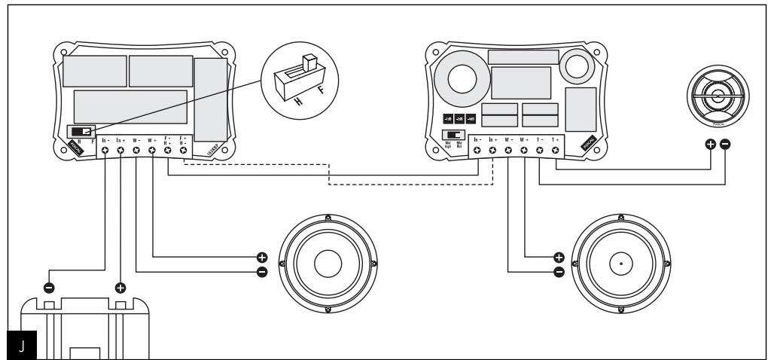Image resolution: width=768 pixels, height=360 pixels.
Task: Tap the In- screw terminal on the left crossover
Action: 105,151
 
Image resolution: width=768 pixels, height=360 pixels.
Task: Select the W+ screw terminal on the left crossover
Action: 152,151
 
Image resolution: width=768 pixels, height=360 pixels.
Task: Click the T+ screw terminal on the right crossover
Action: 556,151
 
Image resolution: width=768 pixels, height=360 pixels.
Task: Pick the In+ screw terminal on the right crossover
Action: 492,151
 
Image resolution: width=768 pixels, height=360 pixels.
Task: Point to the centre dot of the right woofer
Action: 620,264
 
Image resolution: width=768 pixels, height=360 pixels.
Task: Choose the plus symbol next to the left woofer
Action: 261,256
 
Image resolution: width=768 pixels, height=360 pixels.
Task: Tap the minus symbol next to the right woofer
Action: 559,272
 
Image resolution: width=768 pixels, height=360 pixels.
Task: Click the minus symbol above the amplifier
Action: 49,287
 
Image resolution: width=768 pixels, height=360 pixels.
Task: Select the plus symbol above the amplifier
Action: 120,287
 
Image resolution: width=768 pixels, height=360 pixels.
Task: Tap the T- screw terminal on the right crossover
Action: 540,151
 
